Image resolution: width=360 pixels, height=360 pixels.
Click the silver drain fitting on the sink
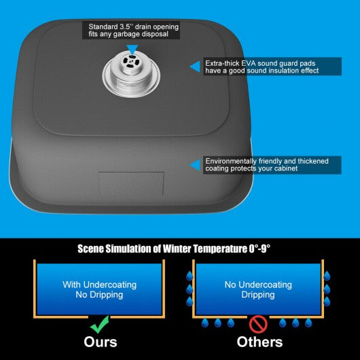pos(131,75)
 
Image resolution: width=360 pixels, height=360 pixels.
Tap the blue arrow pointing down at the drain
pos(132,50)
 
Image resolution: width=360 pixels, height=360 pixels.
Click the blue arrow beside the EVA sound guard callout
pos(195,67)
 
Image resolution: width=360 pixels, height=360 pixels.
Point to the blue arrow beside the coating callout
pos(195,165)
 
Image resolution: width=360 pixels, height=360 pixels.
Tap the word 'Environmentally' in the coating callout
pos(231,162)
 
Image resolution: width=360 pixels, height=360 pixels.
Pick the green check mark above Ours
pos(99,325)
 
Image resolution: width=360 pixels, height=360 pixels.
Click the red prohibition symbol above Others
pos(258,324)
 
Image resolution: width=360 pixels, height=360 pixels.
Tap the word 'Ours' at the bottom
pos(101,342)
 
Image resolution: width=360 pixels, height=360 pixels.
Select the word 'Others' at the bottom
pos(259,342)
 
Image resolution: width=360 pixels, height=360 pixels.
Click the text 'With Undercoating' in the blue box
pos(99,285)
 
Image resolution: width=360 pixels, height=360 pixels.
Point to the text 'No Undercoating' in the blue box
pos(258,285)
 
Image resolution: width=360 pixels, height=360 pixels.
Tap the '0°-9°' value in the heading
pos(259,249)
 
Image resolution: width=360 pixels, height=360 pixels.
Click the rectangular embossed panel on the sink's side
pos(131,183)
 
